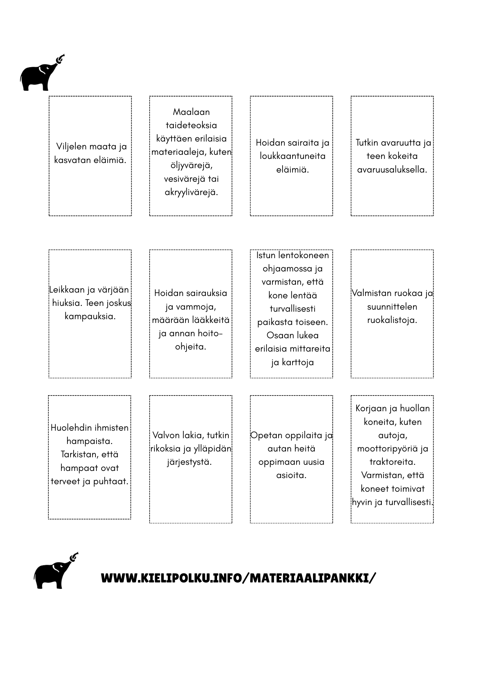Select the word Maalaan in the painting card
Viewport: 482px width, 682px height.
(191, 112)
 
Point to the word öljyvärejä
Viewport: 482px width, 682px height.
(191, 165)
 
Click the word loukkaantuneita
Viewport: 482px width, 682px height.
(292, 156)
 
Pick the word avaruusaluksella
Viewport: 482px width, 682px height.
(392, 169)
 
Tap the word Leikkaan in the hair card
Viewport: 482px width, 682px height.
(67, 290)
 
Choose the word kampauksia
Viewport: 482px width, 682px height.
(90, 316)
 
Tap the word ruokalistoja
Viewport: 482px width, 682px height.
(392, 320)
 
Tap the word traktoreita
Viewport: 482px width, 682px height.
(392, 462)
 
